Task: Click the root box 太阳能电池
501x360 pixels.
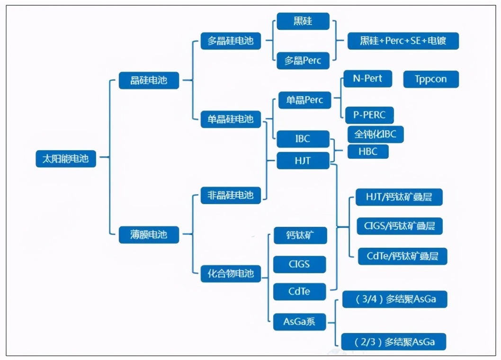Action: click(65, 158)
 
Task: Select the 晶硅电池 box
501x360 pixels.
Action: click(149, 80)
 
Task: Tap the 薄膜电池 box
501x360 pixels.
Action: click(149, 234)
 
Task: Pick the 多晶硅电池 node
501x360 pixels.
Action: click(231, 40)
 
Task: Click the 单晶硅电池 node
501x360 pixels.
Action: click(231, 118)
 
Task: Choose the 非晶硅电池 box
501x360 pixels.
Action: click(231, 195)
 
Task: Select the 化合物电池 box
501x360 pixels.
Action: click(231, 273)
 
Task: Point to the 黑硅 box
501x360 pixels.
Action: click(303, 21)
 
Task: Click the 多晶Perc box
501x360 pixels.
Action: click(303, 61)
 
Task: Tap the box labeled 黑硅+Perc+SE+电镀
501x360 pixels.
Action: click(403, 41)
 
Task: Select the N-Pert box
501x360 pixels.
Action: click(367, 79)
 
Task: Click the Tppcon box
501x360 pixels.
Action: click(431, 79)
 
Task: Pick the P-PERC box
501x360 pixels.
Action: click(369, 115)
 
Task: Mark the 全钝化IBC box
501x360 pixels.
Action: click(375, 134)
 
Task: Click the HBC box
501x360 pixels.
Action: click(368, 152)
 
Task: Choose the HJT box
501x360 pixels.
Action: click(303, 161)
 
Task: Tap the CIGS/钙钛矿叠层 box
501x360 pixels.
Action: click(400, 226)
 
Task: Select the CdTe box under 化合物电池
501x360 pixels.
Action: click(299, 291)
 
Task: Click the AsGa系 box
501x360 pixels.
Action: click(299, 322)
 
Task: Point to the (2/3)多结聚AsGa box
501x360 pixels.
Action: click(394, 342)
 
